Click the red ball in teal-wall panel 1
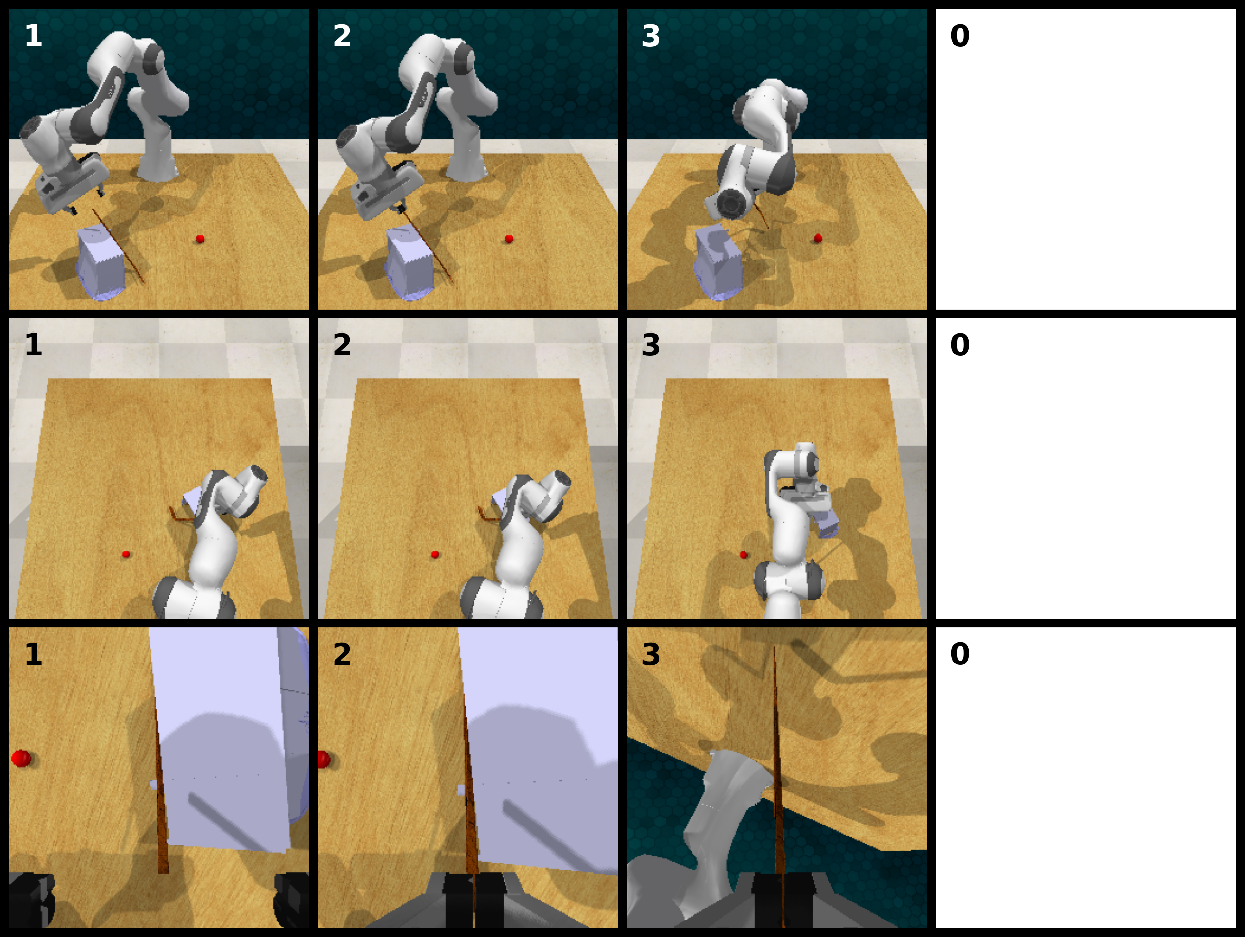200,239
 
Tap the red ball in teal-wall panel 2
509,239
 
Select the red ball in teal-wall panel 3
818,239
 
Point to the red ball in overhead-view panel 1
126,555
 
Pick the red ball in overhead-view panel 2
435,555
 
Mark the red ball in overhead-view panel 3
744,555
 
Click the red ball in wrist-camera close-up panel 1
22,758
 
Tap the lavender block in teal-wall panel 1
101,261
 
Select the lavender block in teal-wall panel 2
410,261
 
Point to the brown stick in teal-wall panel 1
118,246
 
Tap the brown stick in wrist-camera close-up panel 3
778,787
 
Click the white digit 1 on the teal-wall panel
33,35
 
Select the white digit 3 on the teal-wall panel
651,35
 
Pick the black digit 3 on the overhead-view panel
651,345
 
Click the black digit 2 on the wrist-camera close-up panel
342,654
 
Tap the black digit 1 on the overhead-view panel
33,345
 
